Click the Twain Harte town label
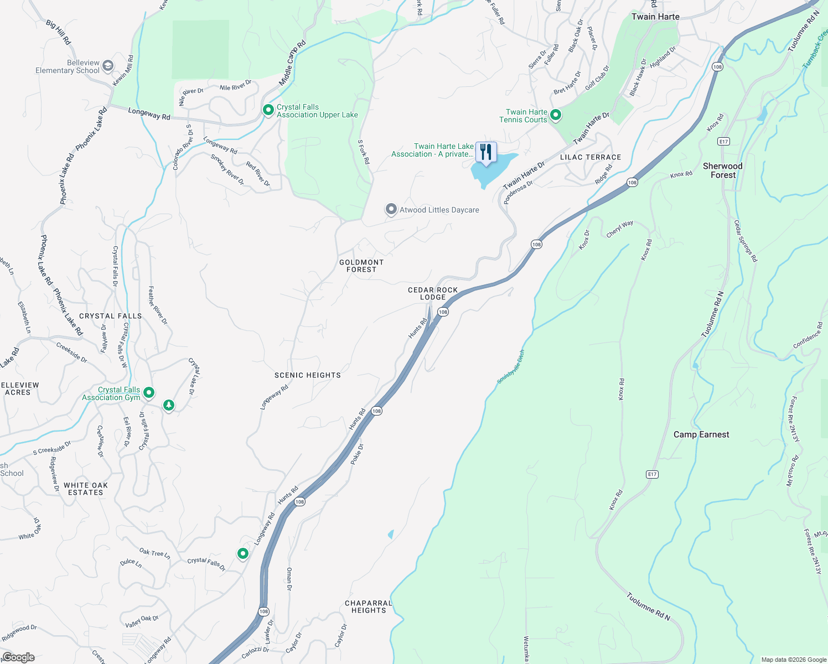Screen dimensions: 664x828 pyautogui.click(x=655, y=17)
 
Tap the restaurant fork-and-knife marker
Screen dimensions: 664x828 pyautogui.click(x=485, y=152)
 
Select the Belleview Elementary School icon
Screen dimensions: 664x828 pyautogui.click(x=107, y=66)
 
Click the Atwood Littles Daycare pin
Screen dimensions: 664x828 pyautogui.click(x=391, y=209)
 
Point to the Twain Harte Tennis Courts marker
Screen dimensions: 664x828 pyautogui.click(x=556, y=115)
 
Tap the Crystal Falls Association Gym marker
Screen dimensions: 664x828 pyautogui.click(x=148, y=393)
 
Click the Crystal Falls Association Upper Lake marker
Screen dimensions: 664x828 pyautogui.click(x=268, y=110)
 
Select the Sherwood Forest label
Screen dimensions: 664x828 pyautogui.click(x=723, y=170)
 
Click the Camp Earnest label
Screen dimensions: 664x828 pyautogui.click(x=701, y=434)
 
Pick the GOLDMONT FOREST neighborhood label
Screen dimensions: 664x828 pyautogui.click(x=361, y=266)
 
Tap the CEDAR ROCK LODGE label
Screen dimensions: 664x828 pyautogui.click(x=433, y=293)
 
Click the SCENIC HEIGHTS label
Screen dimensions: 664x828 pyautogui.click(x=308, y=375)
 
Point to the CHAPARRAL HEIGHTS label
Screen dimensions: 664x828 pyautogui.click(x=368, y=606)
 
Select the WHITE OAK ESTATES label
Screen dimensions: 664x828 pyautogui.click(x=86, y=489)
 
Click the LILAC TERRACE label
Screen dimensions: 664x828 pyautogui.click(x=591, y=157)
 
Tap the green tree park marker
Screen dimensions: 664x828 pyautogui.click(x=169, y=406)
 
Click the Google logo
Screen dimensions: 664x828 pyautogui.click(x=18, y=657)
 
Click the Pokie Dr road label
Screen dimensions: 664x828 pyautogui.click(x=357, y=454)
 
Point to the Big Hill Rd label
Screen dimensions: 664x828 pyautogui.click(x=59, y=33)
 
